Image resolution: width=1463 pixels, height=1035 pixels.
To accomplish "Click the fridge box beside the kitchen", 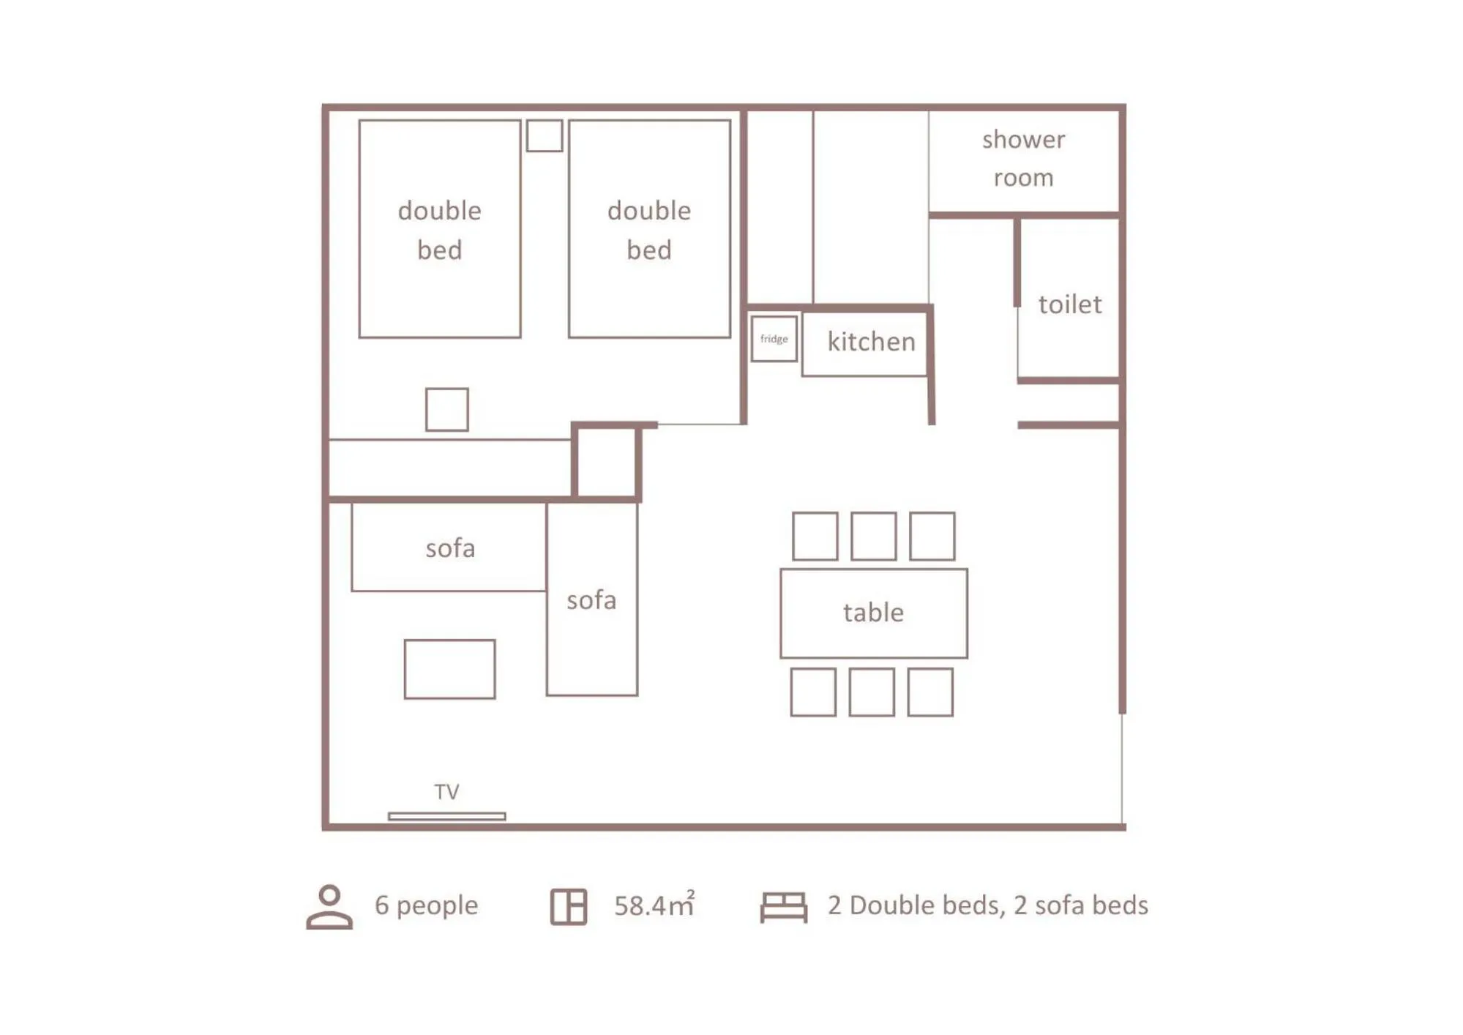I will [x=774, y=338].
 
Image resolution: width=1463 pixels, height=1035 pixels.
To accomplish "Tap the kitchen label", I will [x=871, y=342].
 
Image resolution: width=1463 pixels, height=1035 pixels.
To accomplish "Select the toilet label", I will [x=1069, y=304].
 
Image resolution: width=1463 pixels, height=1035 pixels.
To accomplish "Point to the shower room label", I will [x=1023, y=158].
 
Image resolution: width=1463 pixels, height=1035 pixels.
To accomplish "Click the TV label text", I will [x=446, y=791].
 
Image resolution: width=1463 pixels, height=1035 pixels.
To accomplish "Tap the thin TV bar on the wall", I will [x=446, y=815].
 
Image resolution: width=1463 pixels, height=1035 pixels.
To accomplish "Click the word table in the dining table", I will [x=873, y=612].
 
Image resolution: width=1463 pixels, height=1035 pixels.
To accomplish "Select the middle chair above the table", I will [x=873, y=536].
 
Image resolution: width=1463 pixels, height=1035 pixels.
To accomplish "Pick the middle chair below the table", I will [x=872, y=692].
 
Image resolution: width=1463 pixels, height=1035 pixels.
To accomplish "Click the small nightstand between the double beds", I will [x=545, y=135].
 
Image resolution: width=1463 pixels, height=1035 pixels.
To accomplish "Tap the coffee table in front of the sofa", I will [x=449, y=669].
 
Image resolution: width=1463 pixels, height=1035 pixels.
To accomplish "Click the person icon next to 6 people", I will [x=329, y=906].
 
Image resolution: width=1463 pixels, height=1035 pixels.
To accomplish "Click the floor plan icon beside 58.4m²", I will [x=569, y=906].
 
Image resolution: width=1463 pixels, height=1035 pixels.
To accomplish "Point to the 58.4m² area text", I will [x=654, y=905].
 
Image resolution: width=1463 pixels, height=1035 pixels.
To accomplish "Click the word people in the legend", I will [x=437, y=905].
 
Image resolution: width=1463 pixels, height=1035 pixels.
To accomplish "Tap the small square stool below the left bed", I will [x=446, y=409].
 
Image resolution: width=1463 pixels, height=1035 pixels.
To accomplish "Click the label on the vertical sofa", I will [x=591, y=600].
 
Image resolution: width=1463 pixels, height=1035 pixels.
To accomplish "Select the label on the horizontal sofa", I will [x=450, y=548].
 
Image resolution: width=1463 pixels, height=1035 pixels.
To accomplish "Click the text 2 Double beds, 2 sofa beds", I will [x=987, y=905].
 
